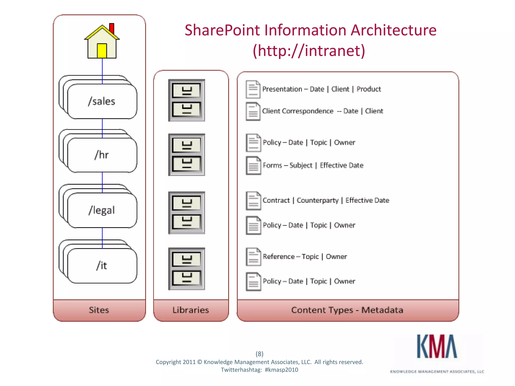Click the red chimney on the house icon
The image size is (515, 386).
[112, 28]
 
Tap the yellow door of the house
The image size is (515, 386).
[102, 51]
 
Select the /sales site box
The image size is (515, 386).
[102, 101]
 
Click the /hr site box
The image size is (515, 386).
[102, 155]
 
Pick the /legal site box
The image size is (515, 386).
[102, 210]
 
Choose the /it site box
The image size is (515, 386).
[102, 266]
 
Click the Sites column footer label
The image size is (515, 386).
[99, 310]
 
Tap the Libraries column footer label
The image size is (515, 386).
[191, 310]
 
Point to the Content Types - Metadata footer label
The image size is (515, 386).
[347, 310]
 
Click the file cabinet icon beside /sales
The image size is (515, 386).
[187, 100]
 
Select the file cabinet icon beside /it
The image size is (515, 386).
[187, 269]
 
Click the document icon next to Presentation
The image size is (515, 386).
[253, 89]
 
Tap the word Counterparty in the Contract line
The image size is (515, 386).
[318, 200]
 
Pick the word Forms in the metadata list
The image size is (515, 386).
[272, 165]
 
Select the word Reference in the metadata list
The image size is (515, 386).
[279, 257]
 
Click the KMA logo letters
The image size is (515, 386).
[437, 347]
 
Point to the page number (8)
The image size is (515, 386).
[260, 354]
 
